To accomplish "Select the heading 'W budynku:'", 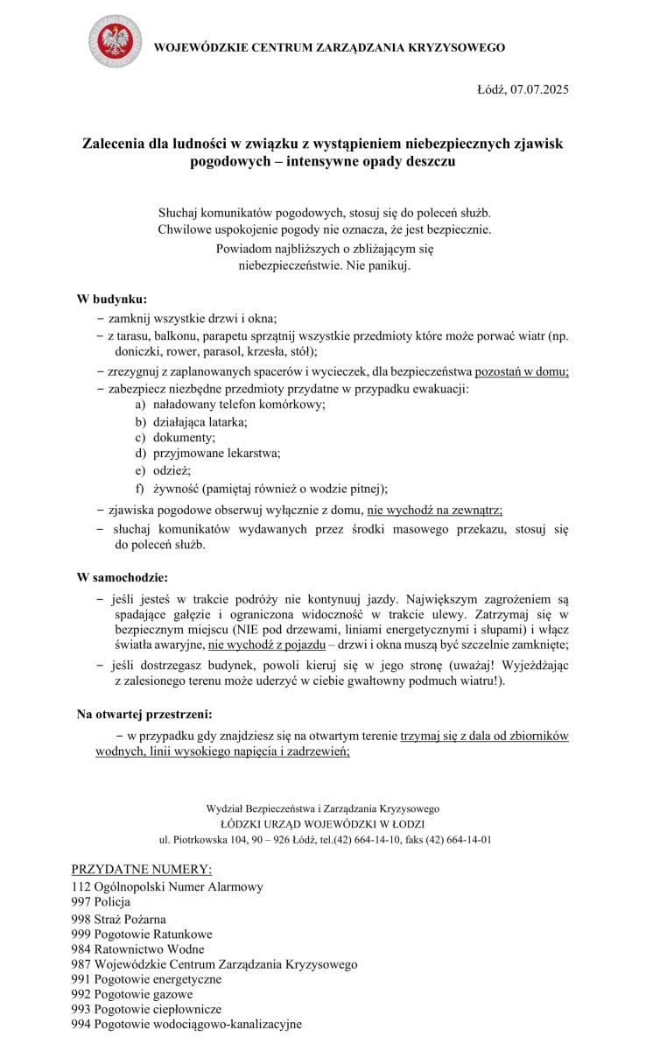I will click(111, 300).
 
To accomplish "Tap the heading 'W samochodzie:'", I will click(123, 578).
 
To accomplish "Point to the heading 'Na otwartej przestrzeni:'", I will click(144, 715).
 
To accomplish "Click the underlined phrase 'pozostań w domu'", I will click(522, 371).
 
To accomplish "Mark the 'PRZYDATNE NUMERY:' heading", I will click(141, 870).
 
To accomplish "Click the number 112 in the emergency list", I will click(81, 887).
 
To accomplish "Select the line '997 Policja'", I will click(101, 902).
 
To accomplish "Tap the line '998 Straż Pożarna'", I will click(118, 919).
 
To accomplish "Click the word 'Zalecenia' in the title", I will click(117, 142).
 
